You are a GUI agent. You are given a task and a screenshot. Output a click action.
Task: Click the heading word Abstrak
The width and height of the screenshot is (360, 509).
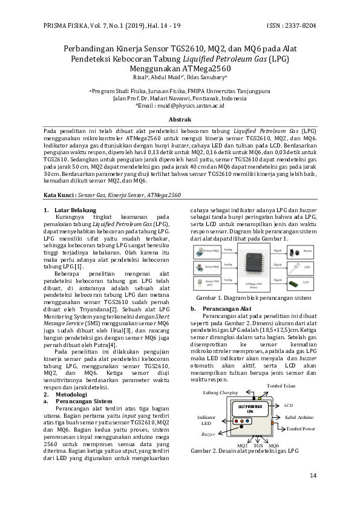pyautogui.click(x=180, y=120)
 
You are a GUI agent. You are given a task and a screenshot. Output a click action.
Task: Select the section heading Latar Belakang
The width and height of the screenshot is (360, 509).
pyautogui.click(x=75, y=210)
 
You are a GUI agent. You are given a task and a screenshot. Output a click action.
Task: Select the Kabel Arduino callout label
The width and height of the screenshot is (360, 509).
pyautogui.click(x=299, y=417)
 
